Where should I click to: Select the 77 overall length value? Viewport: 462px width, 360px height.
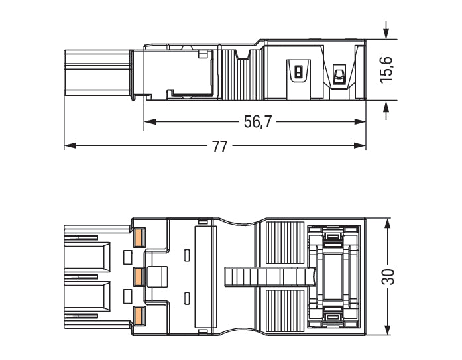click(219, 147)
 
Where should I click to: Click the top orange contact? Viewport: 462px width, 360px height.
click(139, 236)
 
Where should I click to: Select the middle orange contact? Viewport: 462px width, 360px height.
click(139, 275)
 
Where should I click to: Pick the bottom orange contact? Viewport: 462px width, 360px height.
click(139, 315)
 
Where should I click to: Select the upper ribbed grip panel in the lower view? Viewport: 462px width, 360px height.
click(285, 243)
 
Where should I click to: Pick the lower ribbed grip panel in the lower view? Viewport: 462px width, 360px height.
click(285, 309)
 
